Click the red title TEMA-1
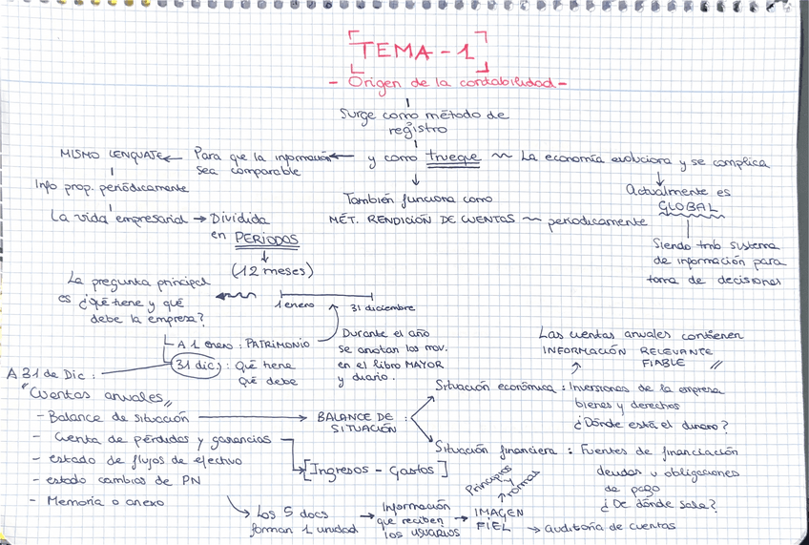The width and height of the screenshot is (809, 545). (x=418, y=52)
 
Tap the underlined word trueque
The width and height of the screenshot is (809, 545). (x=452, y=157)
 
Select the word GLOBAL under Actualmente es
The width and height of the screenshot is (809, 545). (x=684, y=206)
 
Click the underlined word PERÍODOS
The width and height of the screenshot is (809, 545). (x=266, y=239)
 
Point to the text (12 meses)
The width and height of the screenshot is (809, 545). (x=273, y=271)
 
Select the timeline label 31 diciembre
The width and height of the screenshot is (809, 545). (x=381, y=308)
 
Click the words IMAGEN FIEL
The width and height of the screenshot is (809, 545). (x=499, y=518)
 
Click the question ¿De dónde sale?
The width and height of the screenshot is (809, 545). (x=657, y=505)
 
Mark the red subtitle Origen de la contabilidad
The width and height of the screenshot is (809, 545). (x=449, y=83)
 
